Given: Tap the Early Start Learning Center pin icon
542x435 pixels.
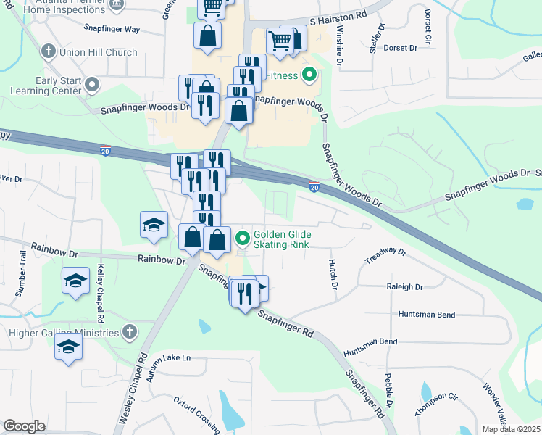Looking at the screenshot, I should (x=91, y=86).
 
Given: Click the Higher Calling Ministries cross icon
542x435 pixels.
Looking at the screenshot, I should (x=130, y=332).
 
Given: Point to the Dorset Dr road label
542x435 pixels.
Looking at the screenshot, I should (x=401, y=48).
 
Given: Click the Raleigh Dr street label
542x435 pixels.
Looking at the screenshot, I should (x=404, y=287).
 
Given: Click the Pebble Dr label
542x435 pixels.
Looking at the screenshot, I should (x=389, y=389).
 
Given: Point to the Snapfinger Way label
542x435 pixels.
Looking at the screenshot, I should (x=112, y=30).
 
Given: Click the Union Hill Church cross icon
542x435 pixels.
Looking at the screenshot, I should (x=49, y=52).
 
